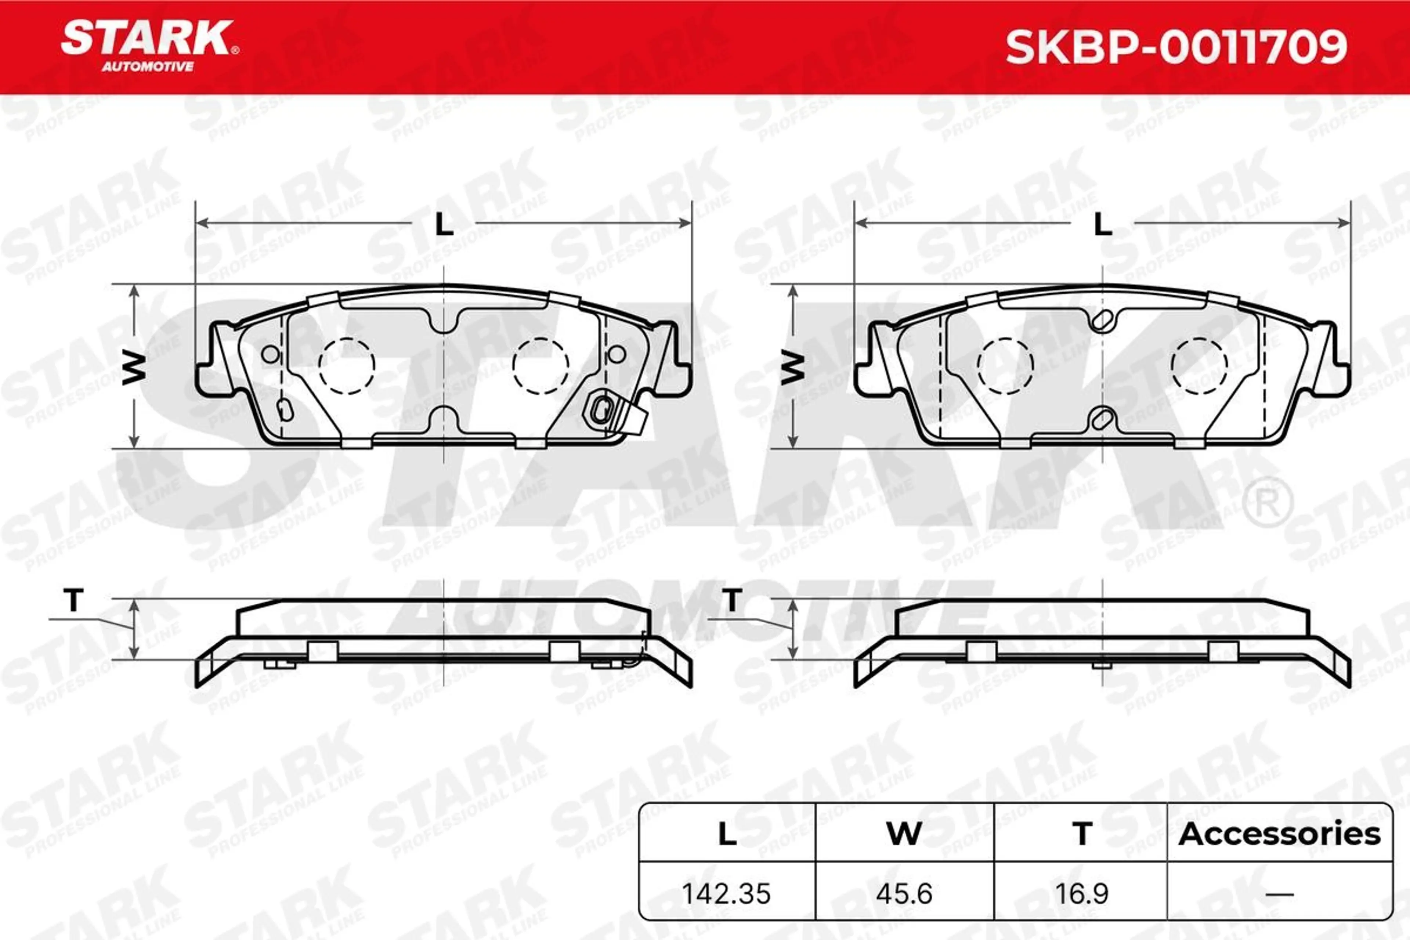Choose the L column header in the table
click(727, 834)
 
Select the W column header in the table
click(904, 834)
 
